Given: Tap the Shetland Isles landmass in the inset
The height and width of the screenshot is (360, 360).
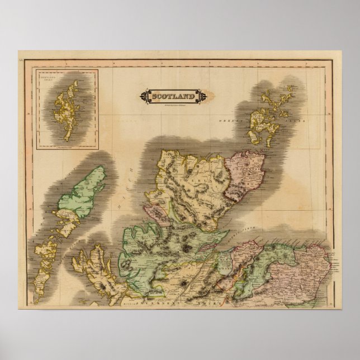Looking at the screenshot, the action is click(x=67, y=110).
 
